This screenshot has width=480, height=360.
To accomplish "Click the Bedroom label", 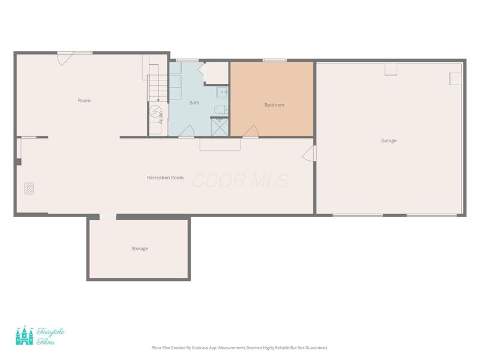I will (x=274, y=105).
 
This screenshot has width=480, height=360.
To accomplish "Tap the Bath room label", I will (x=194, y=103).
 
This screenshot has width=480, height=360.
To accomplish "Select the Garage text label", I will (x=388, y=140).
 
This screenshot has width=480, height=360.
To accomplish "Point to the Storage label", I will (x=139, y=248).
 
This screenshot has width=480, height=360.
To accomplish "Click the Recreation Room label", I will (x=165, y=178).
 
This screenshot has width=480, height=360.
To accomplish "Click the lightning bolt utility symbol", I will (x=155, y=112).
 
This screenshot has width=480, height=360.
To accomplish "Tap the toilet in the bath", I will (x=221, y=109).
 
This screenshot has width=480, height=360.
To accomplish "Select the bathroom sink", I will (x=221, y=92).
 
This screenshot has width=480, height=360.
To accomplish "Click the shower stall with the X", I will (x=219, y=126).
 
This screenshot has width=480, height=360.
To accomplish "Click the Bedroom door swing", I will (x=251, y=131).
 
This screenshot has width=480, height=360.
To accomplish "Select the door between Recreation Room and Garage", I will (x=308, y=154).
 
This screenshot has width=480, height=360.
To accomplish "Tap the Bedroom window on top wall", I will (x=274, y=60).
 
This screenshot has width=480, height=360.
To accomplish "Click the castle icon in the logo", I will (x=24, y=335).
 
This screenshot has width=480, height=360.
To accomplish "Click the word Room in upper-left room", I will (x=84, y=100).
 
